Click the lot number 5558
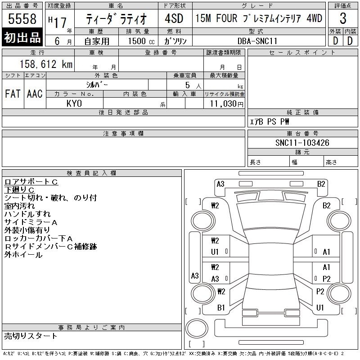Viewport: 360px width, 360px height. tap(22, 18)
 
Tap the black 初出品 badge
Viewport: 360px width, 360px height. tap(22, 37)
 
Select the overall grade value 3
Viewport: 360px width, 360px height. tap(343, 18)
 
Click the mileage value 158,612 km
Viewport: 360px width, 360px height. tap(46, 64)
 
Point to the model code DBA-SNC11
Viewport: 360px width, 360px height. tap(257, 41)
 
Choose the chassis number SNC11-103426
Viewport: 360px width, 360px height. tap(302, 143)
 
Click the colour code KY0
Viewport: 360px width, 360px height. tap(74, 103)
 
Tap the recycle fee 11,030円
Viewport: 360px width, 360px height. tap(226, 104)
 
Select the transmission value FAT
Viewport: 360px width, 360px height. tap(13, 94)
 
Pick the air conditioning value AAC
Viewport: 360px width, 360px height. tap(35, 94)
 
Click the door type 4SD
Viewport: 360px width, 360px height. tap(174, 18)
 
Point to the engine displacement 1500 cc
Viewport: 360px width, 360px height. tap(141, 41)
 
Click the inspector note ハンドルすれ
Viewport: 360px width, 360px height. tap(27, 214)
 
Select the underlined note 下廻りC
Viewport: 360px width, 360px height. tap(19, 190)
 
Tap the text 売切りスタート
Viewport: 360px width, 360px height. tap(31, 336)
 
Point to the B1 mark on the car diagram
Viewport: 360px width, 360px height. tap(221, 308)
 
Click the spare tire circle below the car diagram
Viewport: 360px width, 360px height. tap(197, 328)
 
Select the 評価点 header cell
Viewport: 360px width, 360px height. tap(343, 5)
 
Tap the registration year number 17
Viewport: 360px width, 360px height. tap(60, 22)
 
